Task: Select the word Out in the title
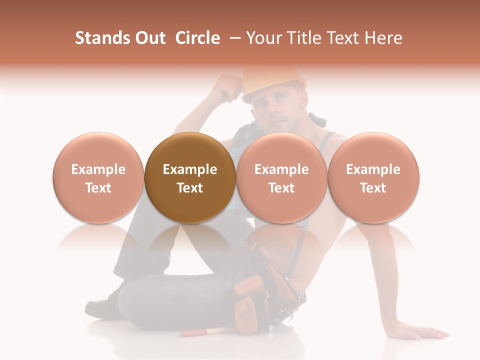[x=148, y=38]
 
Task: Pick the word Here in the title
[x=384, y=38]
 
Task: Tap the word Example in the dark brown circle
[x=190, y=169]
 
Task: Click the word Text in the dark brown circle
[x=190, y=188]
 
